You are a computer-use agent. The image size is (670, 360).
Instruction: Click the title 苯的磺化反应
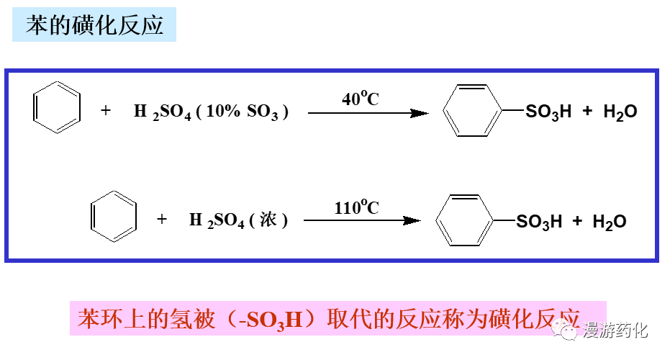94,26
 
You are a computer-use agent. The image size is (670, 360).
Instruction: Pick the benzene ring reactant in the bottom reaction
114,217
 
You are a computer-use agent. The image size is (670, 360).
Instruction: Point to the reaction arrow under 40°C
368,113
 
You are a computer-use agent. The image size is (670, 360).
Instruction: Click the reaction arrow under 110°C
361,221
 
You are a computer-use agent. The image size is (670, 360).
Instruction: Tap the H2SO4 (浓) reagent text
238,220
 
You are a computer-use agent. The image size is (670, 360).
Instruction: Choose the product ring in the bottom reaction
465,220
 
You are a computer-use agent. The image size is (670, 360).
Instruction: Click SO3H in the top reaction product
548,112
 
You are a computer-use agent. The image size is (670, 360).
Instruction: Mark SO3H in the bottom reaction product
539,222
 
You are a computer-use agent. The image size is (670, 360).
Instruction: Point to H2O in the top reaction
620,112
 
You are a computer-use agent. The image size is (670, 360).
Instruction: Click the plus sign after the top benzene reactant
107,112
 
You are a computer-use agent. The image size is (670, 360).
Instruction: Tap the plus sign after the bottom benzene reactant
162,220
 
